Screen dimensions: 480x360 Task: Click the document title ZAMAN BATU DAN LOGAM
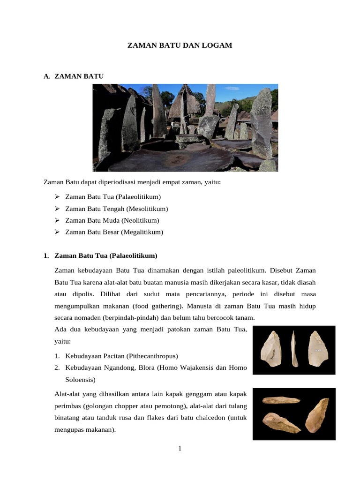click(x=180, y=45)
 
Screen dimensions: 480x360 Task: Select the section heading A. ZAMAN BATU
click(x=74, y=75)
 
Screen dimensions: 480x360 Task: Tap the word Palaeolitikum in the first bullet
click(x=140, y=197)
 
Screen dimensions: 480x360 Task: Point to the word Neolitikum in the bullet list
click(x=140, y=220)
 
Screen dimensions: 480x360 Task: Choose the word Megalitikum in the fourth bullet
click(x=142, y=232)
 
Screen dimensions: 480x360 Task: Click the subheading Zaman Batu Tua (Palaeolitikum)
click(x=106, y=256)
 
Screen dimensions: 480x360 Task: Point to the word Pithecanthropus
click(x=152, y=356)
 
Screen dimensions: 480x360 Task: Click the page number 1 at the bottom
click(x=180, y=449)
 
